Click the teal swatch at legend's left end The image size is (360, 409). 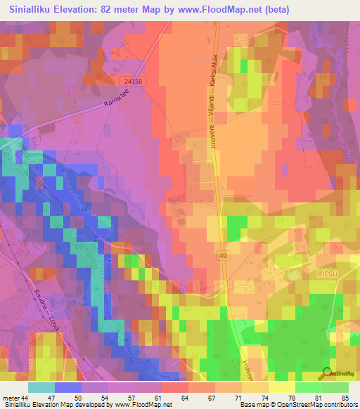[41, 387]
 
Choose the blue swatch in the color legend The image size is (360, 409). [68, 387]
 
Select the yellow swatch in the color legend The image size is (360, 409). [281, 387]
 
